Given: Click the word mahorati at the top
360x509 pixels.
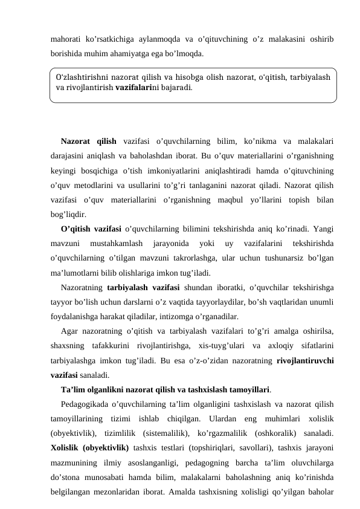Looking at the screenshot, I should [x=66, y=39].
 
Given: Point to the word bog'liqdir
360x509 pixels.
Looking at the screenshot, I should [x=68, y=213].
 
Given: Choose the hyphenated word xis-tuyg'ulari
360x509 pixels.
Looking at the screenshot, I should [x=233, y=346].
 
